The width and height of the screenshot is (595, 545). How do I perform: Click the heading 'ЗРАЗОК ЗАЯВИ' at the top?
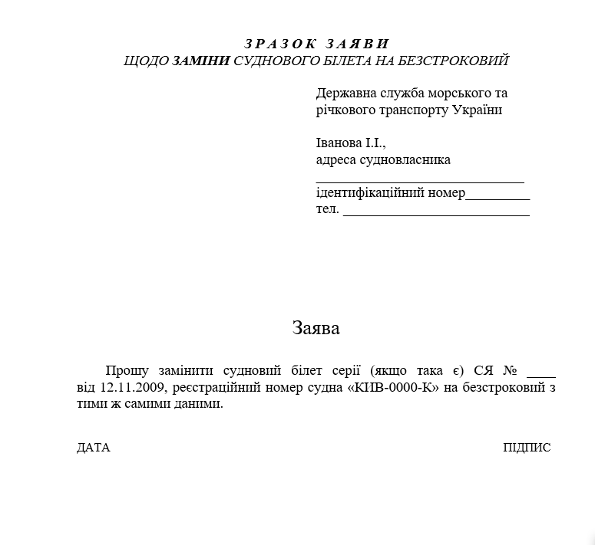click(x=317, y=44)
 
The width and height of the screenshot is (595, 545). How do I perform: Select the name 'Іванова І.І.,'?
click(x=350, y=143)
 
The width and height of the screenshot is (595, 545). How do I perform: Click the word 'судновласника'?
click(x=408, y=160)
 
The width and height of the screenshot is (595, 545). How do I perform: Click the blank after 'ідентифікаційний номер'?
click(x=497, y=197)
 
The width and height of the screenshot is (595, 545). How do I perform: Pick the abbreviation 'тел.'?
click(x=327, y=209)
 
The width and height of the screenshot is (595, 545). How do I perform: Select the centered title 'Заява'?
click(x=316, y=328)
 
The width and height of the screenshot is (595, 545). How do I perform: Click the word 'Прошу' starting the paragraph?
click(x=129, y=369)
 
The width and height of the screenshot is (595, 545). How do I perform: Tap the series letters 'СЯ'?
click(x=484, y=369)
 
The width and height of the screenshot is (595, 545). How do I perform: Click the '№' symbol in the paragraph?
click(x=510, y=369)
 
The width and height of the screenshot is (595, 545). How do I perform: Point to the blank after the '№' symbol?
click(x=541, y=374)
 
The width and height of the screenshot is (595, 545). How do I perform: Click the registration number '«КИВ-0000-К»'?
click(x=395, y=387)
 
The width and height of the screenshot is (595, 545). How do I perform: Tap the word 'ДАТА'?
click(x=94, y=448)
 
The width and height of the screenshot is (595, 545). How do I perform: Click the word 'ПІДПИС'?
click(x=527, y=448)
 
